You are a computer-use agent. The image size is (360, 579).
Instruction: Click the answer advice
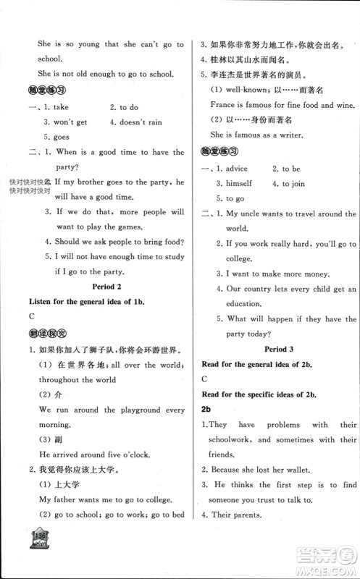coord(237,169)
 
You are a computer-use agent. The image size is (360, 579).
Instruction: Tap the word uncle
coord(254,214)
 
